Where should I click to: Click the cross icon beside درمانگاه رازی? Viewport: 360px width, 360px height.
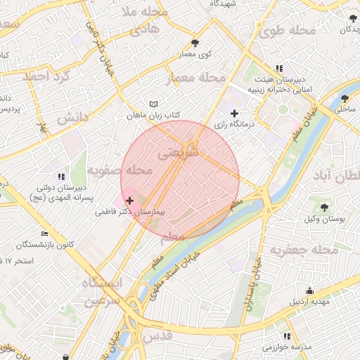[x=235, y=113]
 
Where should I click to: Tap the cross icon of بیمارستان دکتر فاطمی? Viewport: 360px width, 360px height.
[x=129, y=200]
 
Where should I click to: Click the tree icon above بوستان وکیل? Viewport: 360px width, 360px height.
[x=324, y=207]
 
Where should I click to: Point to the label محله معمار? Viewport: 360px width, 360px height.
[x=197, y=79]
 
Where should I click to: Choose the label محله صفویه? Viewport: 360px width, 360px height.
[x=121, y=170]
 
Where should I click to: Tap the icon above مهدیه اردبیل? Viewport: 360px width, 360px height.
[x=310, y=291]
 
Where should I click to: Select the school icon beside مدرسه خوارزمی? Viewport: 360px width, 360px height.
[x=286, y=336]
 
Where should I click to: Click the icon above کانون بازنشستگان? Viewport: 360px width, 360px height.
[x=45, y=233]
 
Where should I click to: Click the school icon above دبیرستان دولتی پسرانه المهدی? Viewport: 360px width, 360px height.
[x=61, y=176]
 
